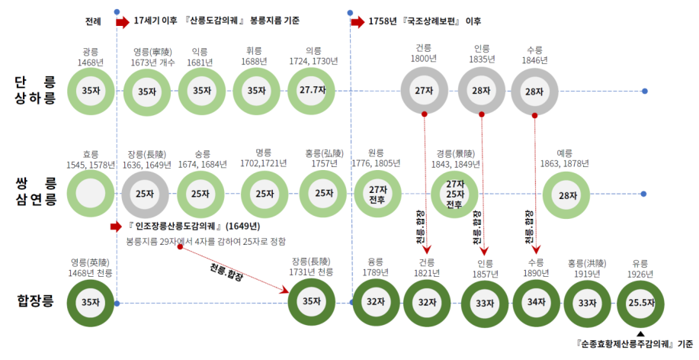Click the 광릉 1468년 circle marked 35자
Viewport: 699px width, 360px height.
click(x=90, y=91)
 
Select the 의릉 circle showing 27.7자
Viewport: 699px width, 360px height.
click(x=313, y=91)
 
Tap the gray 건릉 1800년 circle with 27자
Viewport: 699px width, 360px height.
click(x=424, y=91)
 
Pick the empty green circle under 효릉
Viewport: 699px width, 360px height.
click(x=90, y=194)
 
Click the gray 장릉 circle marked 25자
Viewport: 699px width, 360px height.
click(x=144, y=194)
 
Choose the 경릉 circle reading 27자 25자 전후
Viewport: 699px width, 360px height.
click(x=455, y=194)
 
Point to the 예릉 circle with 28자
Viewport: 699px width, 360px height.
click(x=567, y=195)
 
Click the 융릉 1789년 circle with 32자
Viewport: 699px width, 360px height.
click(x=374, y=302)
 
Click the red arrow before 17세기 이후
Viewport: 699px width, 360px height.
click(x=123, y=21)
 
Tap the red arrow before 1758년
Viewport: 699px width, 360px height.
click(x=358, y=21)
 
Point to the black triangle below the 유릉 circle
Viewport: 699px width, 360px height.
click(x=640, y=334)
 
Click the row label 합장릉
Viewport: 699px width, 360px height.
click(x=35, y=302)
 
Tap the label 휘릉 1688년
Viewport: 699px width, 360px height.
click(x=255, y=56)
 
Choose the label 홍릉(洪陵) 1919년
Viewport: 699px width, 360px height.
click(x=588, y=268)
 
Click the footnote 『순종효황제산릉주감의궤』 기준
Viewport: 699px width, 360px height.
click(x=634, y=346)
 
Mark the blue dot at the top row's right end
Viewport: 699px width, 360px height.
click(x=645, y=91)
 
